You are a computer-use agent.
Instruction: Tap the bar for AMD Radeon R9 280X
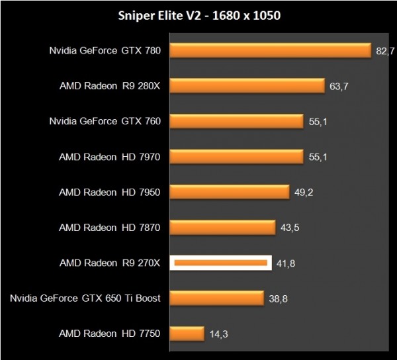[x=247, y=86]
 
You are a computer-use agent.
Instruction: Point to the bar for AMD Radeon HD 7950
[x=230, y=192]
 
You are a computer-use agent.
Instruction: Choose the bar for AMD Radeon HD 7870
[x=222, y=228]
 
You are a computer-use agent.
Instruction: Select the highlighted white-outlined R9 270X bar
[x=220, y=263]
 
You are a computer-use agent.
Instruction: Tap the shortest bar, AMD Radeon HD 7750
[x=187, y=334]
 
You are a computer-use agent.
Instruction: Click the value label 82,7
[x=385, y=51]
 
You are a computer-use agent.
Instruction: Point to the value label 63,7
[x=339, y=86]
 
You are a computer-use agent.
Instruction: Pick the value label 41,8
[x=285, y=263]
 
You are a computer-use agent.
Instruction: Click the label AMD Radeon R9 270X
[x=110, y=263]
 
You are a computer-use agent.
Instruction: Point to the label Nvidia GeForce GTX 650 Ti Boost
[x=85, y=298]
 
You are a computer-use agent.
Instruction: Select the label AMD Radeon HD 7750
[x=110, y=334]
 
